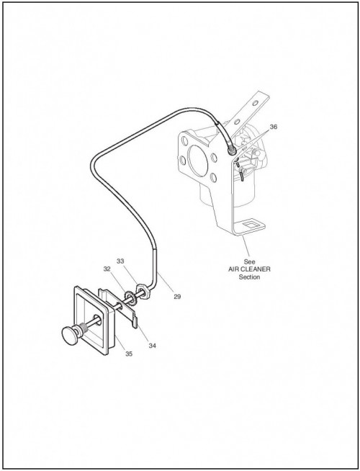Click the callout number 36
pos(273,127)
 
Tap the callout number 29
pos(177,297)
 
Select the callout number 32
pos(107,269)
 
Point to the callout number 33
pos(120,261)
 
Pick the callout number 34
pos(152,346)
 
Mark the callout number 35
pos(129,354)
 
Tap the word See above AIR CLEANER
pos(249,261)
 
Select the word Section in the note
pos(249,277)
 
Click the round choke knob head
pos(70,335)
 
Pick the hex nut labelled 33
pos(142,292)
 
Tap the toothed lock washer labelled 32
pos(130,297)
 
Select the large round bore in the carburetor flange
pos(197,161)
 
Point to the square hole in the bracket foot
pos(249,224)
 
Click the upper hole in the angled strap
pos(255,103)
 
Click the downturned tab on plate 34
pos(135,323)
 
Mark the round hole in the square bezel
pos(96,319)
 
